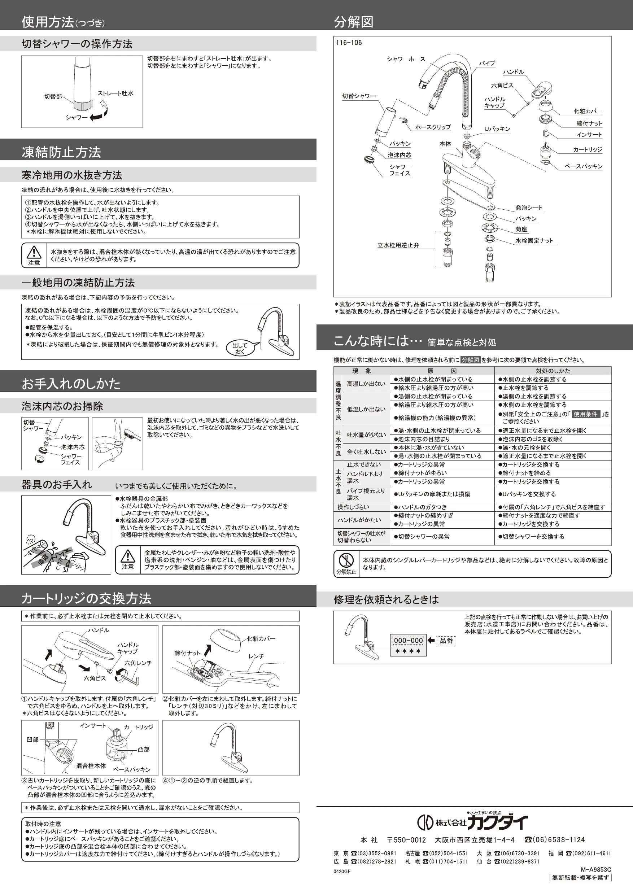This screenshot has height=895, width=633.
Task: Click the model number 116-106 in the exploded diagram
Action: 349,43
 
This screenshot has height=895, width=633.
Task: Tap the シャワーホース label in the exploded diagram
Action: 406,59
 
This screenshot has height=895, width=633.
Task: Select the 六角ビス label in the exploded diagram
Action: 502,86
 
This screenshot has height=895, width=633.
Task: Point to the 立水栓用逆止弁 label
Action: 398,245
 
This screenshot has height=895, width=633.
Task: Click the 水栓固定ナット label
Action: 534,240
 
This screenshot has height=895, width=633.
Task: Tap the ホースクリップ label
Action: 433,127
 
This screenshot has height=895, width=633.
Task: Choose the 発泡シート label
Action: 529,208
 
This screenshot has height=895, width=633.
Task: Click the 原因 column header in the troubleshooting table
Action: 442,371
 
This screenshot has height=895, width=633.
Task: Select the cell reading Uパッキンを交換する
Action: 529,494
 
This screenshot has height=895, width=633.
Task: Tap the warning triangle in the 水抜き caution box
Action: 34,252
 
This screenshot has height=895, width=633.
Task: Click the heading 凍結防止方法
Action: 61,152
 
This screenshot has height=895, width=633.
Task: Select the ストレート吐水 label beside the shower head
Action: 115,93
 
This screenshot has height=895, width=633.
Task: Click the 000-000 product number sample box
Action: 408,640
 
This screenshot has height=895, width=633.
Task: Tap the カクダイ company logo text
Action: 497,822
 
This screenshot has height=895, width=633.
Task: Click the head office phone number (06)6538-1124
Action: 554,840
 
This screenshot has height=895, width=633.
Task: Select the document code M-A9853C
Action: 595,870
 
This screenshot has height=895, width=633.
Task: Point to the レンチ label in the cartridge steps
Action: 256,656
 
